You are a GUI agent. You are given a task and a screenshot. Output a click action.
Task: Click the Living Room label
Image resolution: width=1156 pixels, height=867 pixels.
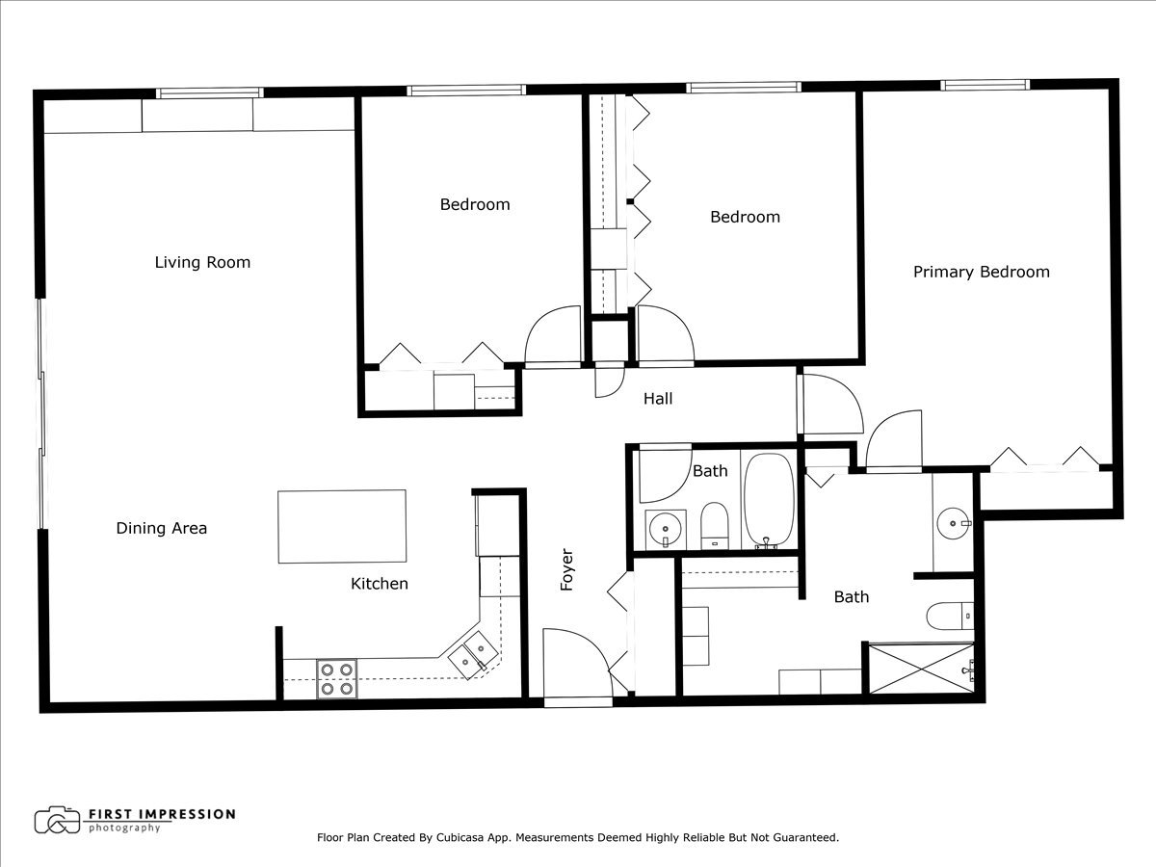click(202, 262)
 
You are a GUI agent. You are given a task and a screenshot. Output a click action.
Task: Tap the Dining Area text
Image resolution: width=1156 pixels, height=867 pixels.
click(162, 528)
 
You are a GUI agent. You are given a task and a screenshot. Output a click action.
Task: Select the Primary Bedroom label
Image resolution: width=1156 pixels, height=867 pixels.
click(981, 272)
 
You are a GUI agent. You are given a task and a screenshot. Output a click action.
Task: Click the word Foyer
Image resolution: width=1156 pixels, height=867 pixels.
click(567, 569)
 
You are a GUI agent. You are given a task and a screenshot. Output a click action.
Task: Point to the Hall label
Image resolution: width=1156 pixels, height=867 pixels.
click(658, 398)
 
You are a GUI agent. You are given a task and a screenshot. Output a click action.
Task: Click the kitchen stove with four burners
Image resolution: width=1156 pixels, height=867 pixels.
click(336, 678)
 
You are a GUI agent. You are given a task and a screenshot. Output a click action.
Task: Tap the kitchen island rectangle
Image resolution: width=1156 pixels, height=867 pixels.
click(342, 526)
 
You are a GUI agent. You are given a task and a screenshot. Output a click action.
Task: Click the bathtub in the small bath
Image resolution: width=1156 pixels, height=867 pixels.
click(769, 501)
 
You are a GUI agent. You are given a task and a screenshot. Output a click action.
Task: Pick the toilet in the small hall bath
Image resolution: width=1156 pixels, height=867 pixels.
click(714, 524)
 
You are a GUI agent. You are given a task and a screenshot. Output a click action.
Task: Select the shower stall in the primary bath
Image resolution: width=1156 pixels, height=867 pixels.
click(920, 668)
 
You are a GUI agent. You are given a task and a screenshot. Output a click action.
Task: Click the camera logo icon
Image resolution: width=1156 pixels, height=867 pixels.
click(57, 820)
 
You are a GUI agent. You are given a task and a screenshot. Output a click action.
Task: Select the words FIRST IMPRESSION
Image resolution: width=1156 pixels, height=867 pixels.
click(161, 814)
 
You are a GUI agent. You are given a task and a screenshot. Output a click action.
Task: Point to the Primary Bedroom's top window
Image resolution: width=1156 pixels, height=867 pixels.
click(985, 85)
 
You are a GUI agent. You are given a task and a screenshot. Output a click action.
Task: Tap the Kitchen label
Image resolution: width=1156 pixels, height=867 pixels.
click(379, 584)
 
